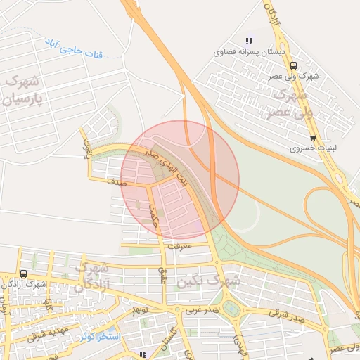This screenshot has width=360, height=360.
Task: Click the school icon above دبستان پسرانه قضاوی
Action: pos(247,41)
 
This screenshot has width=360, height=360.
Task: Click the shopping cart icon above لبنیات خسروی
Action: pos(312,138)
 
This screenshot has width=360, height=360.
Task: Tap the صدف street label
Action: pos(117,181)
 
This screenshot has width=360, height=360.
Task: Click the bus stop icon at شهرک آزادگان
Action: pos(24,274)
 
